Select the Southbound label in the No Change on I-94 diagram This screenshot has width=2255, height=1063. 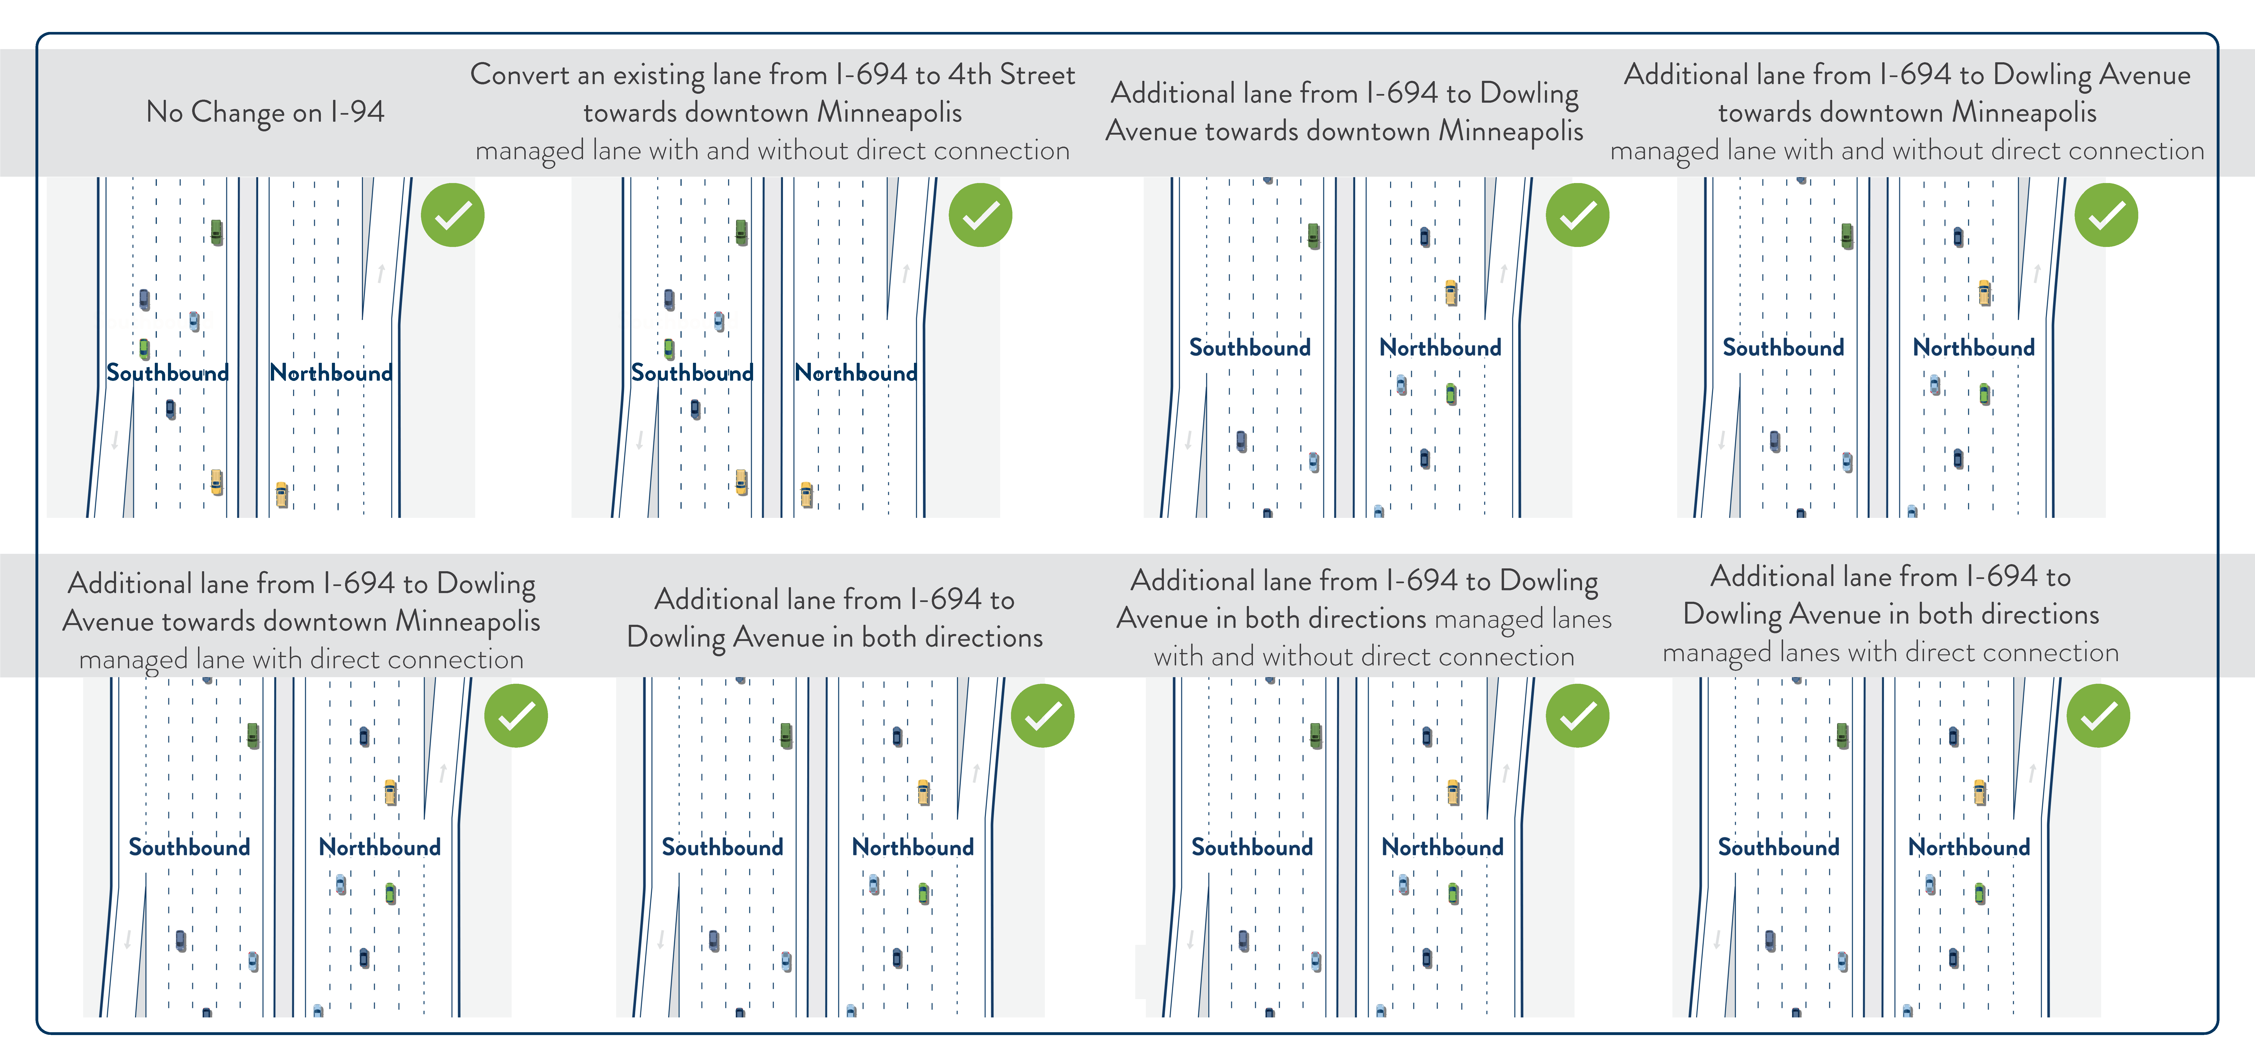(167, 373)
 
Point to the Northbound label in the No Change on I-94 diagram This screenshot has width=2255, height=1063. (331, 373)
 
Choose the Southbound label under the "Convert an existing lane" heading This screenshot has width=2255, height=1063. (692, 373)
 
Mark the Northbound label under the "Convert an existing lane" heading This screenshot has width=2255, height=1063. (855, 373)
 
